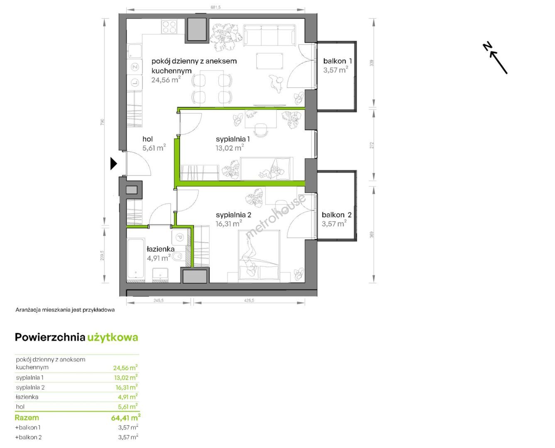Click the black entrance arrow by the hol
click(113, 163)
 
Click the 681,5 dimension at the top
click(215, 7)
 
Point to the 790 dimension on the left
click(102, 122)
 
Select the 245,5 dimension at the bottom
click(159, 300)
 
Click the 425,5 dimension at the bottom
click(249, 300)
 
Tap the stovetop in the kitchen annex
click(169, 27)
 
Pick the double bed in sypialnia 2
click(259, 256)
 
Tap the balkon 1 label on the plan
click(337, 61)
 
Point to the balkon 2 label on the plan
click(336, 215)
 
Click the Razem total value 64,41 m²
click(126, 418)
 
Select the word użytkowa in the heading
click(112, 337)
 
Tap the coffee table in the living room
click(269, 61)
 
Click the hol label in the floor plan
click(147, 139)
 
